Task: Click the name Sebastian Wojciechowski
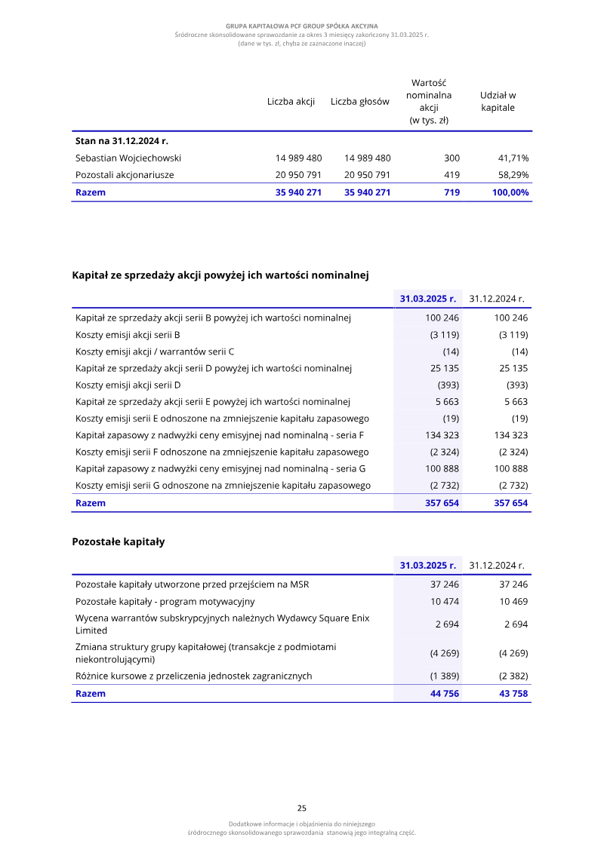coord(128,158)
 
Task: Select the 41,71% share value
coord(513,158)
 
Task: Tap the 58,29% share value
coord(513,175)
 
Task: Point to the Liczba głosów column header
coord(360,102)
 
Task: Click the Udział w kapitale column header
coord(498,102)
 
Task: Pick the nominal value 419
coord(451,175)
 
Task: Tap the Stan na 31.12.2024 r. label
coord(122,141)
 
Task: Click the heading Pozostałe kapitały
coord(119,542)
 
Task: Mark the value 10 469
coord(513,602)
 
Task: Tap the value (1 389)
coord(445,677)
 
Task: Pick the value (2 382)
coord(513,677)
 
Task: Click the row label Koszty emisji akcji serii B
coord(128,335)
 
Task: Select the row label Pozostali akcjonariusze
coord(125,175)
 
